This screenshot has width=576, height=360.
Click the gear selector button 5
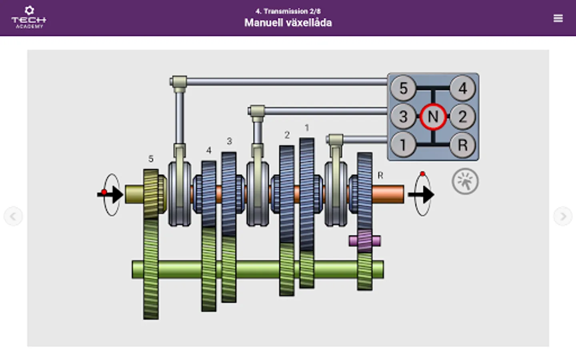click(403, 88)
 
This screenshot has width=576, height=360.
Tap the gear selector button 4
click(463, 88)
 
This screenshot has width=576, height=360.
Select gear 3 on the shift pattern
click(403, 117)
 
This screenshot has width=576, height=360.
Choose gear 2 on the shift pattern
click(463, 117)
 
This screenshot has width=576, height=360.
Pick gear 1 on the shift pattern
click(403, 145)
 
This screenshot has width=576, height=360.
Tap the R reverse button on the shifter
click(463, 145)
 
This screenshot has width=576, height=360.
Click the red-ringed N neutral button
click(433, 117)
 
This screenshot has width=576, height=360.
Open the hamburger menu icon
click(558, 18)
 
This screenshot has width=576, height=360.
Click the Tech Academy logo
click(29, 18)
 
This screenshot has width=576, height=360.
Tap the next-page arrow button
click(563, 216)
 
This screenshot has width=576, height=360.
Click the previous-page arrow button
click(13, 216)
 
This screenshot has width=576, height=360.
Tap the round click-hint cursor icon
click(465, 181)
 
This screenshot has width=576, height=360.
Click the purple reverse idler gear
click(364, 240)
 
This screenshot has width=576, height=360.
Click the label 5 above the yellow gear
click(151, 159)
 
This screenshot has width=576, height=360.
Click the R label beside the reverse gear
click(380, 175)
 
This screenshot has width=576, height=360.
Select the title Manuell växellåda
click(288, 23)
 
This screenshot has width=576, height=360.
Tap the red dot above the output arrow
click(422, 174)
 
